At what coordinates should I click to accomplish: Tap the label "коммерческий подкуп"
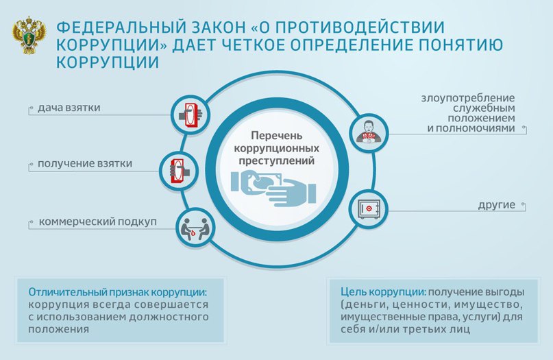[99, 223]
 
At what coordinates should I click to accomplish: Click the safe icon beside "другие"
[368, 208]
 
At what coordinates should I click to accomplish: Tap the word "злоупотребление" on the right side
[468, 97]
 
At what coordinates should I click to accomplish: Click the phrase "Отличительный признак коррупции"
[116, 291]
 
